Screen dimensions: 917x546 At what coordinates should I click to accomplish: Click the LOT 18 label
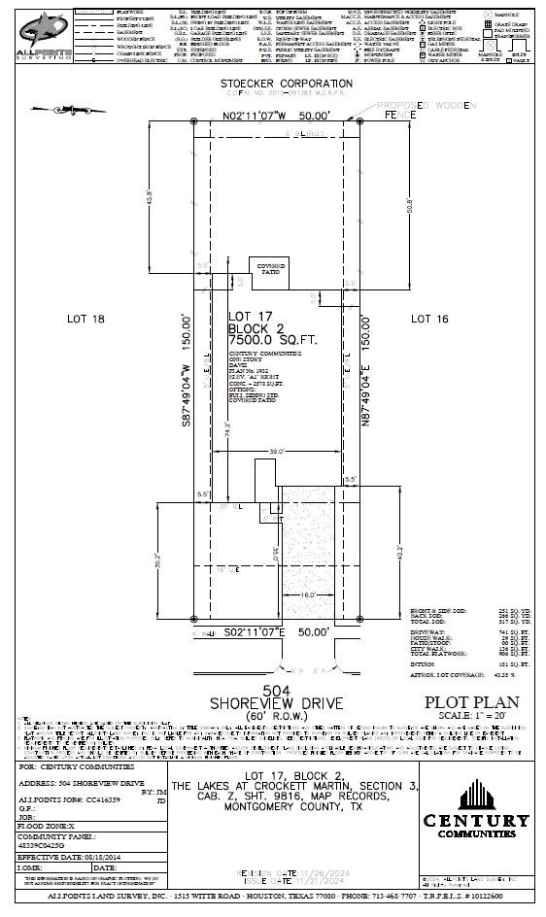tap(85, 319)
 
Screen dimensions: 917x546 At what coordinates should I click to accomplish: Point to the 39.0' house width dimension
tap(279, 451)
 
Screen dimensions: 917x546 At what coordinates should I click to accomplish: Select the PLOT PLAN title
tap(471, 702)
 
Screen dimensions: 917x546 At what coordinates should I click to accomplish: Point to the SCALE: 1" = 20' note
tap(471, 716)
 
